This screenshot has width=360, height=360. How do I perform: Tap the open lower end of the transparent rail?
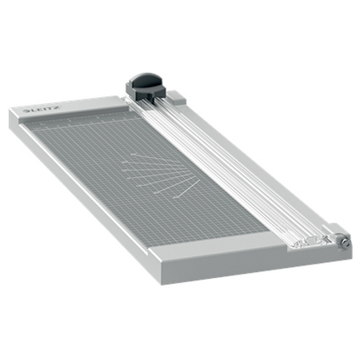coord(306,243)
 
